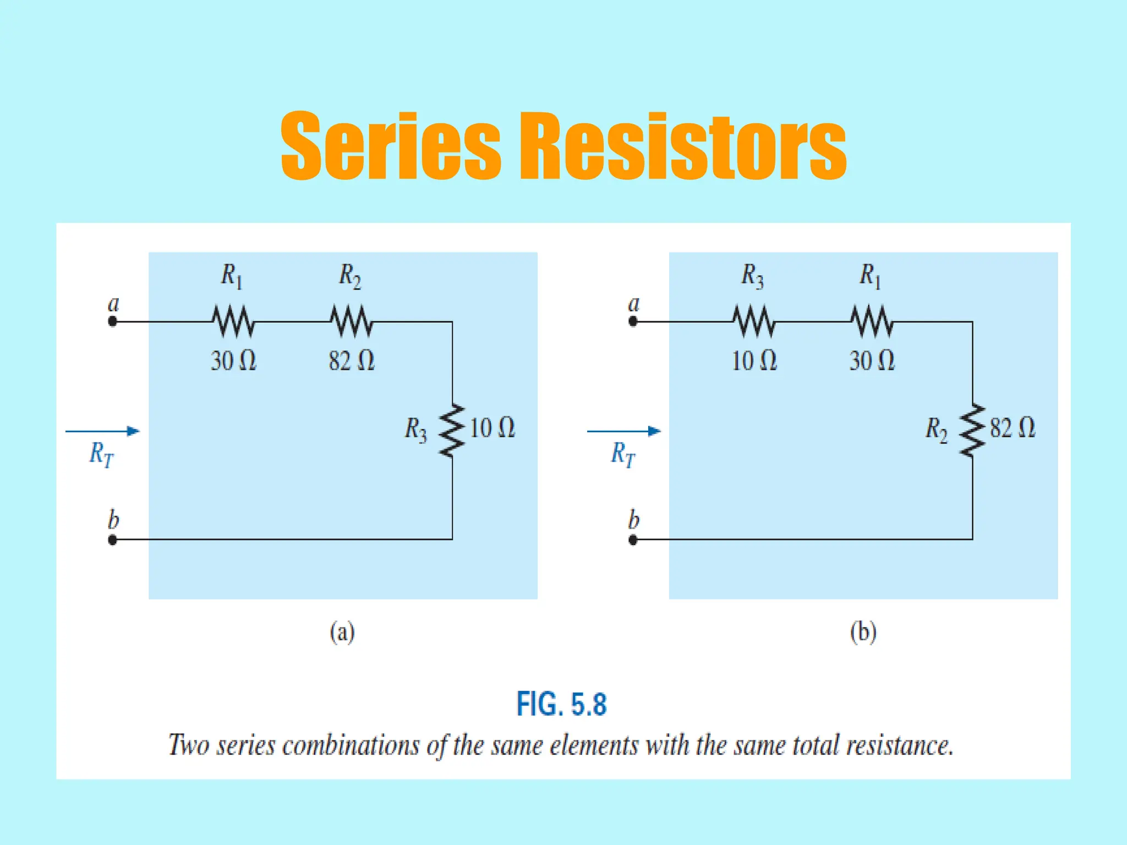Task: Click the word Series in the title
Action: pos(391,146)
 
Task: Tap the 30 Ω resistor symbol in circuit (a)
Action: pos(233,322)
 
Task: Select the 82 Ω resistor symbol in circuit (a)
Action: pos(351,322)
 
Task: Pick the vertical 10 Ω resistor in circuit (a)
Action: pos(452,431)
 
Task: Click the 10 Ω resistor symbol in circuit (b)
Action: pos(753,322)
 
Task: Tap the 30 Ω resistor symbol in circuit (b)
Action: pos(872,322)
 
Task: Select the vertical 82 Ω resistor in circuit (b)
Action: pos(972,431)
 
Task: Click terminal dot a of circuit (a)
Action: pos(112,322)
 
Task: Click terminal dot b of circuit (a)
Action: pos(112,540)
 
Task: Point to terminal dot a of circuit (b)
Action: pos(633,322)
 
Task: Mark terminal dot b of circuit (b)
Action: pos(633,540)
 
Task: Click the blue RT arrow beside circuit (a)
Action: pos(102,431)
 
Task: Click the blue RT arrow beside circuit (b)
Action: pos(623,431)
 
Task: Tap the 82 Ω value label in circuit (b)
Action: pos(1013,428)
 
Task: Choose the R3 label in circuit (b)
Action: pos(752,276)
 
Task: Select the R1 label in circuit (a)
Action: pos(232,276)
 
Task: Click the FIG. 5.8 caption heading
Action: pos(561,704)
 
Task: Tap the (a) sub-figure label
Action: pos(342,632)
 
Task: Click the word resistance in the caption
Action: pos(899,746)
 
